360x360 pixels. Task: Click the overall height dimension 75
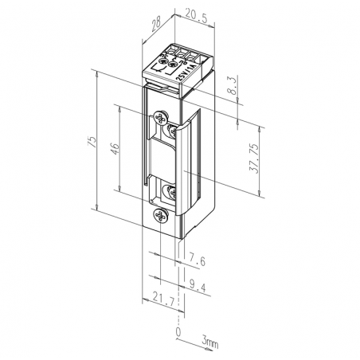point(92,142)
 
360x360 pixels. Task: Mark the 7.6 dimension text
point(199,260)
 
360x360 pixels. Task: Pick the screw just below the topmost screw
point(170,127)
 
